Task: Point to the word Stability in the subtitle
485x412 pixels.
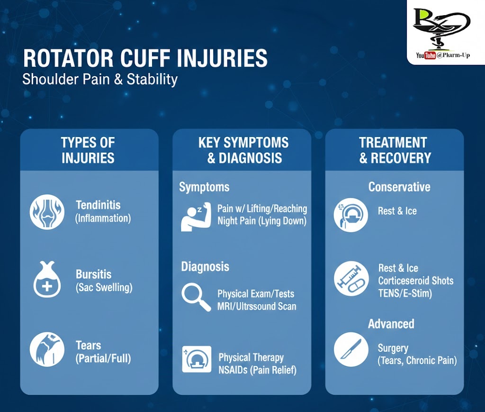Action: tap(152, 79)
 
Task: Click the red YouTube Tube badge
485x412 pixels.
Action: tap(430, 55)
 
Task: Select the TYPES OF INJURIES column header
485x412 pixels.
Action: tap(88, 150)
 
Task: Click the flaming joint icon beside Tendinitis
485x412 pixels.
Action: tap(47, 212)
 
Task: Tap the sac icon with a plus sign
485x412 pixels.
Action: tap(47, 279)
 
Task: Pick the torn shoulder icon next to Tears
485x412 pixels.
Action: tap(47, 349)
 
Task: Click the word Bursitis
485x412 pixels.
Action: tap(93, 274)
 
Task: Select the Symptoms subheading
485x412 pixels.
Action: tap(205, 187)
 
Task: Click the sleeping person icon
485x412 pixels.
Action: tap(196, 217)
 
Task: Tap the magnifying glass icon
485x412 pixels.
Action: tap(196, 297)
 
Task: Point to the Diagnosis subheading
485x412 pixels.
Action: tap(205, 266)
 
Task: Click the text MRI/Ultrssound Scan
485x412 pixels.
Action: tap(257, 306)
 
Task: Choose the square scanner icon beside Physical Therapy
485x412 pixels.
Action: tap(197, 359)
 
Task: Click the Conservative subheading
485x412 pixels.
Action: tap(399, 187)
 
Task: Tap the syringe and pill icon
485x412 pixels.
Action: tap(351, 279)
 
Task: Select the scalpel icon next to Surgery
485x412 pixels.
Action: tap(351, 350)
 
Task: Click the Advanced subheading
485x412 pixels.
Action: tap(391, 324)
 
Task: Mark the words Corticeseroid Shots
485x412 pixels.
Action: tap(416, 281)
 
